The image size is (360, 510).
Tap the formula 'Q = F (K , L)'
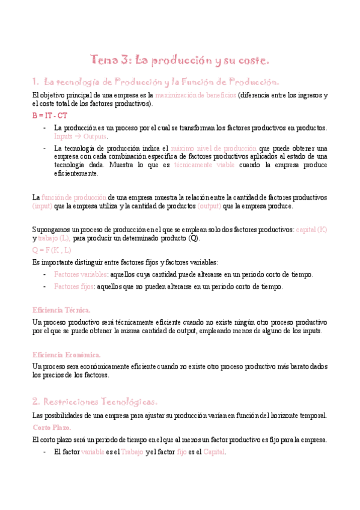52,250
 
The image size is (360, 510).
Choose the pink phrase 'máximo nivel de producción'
213,148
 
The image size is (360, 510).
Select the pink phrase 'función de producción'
74,197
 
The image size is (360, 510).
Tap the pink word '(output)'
209,206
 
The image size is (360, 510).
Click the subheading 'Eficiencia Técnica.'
61,310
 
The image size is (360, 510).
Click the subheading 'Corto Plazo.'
52,427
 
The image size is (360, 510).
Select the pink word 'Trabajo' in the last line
132,452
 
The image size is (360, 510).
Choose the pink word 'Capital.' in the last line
214,452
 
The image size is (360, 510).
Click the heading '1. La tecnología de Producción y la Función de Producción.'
155,81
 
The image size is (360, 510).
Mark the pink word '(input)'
42,206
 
